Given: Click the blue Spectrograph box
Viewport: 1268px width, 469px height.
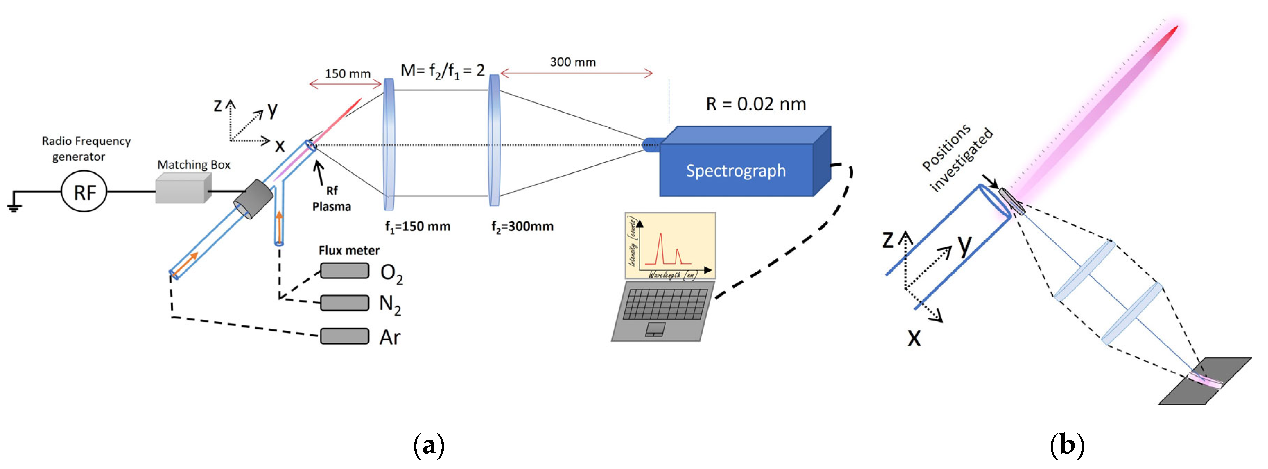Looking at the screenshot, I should coord(736,170).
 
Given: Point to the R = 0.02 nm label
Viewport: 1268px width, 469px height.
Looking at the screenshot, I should coord(756,104).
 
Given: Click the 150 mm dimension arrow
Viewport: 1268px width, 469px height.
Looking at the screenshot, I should coord(346,85).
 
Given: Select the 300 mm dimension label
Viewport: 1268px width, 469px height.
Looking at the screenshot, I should coord(572,62).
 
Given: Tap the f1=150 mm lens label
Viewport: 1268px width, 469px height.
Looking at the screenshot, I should coord(417,227).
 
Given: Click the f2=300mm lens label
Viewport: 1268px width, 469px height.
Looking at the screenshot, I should coord(522,227).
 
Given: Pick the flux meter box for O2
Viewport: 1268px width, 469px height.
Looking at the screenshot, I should coord(345,271).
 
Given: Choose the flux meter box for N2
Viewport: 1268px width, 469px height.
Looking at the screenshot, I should coord(345,303).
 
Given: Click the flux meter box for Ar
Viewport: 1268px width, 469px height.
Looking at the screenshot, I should coord(345,336).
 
